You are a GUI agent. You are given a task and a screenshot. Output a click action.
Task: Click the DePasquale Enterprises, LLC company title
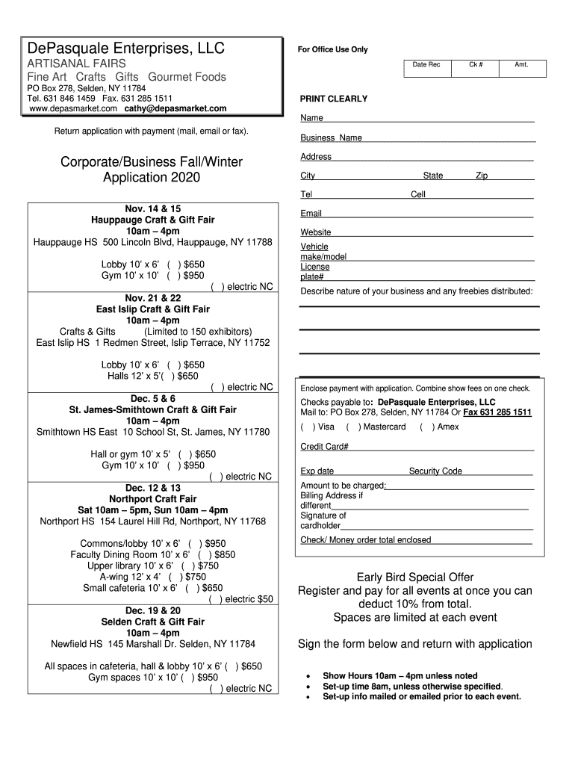click(x=125, y=49)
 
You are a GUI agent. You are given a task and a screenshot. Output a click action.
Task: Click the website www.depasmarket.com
click(x=74, y=108)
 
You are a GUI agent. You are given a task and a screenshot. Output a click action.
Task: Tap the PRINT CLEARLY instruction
click(x=333, y=99)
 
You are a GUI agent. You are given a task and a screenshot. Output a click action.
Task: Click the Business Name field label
click(x=331, y=137)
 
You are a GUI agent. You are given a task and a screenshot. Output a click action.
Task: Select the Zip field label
click(x=482, y=176)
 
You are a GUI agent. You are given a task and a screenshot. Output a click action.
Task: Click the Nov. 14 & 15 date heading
click(x=153, y=208)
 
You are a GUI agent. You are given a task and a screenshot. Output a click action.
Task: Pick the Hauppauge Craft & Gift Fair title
click(x=153, y=220)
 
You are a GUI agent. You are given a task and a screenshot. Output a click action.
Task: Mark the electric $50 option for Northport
click(x=214, y=599)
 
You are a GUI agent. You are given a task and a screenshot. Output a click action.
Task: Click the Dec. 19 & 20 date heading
click(x=153, y=610)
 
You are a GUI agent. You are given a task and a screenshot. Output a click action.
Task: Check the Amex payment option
click(x=424, y=427)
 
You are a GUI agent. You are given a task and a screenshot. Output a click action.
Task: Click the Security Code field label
click(x=435, y=471)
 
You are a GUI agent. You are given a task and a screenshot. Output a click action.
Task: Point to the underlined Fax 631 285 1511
click(x=497, y=412)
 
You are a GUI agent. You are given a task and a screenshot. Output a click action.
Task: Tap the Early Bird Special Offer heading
click(x=414, y=577)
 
